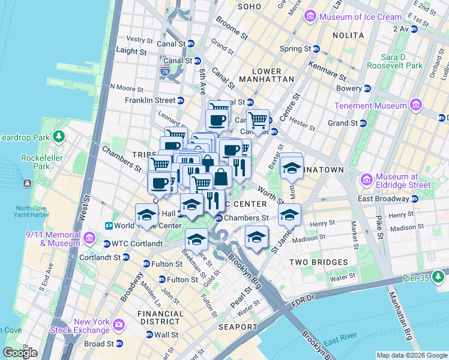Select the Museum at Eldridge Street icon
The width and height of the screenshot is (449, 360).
click(367, 180)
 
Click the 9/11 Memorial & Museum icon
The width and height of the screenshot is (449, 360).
click(89, 239)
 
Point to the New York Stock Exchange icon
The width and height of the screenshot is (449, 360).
click(118, 325)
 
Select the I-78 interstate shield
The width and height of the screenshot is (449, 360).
click(165, 71)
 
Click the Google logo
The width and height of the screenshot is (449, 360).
click(20, 352)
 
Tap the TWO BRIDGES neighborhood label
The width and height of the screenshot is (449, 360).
click(318, 262)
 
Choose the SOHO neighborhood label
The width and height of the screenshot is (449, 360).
click(250, 7)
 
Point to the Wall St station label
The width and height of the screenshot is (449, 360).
click(166, 335)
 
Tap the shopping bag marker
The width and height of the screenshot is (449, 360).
click(221, 177)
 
